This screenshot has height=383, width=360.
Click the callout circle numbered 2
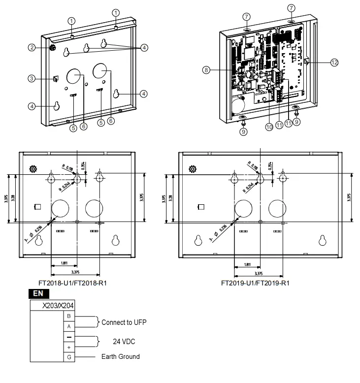(32, 48)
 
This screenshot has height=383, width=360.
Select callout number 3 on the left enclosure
(32, 78)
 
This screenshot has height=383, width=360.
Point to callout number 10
(269, 127)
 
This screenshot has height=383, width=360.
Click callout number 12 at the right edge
(334, 63)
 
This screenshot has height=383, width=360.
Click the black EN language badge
(38, 293)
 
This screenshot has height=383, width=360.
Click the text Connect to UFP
(123, 322)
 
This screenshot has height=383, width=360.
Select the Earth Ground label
(120, 356)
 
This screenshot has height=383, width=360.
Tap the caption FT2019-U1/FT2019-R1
(255, 283)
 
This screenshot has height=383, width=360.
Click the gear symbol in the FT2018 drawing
(33, 169)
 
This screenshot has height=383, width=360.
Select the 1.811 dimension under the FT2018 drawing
(64, 263)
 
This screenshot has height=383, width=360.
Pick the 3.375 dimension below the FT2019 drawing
(258, 272)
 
